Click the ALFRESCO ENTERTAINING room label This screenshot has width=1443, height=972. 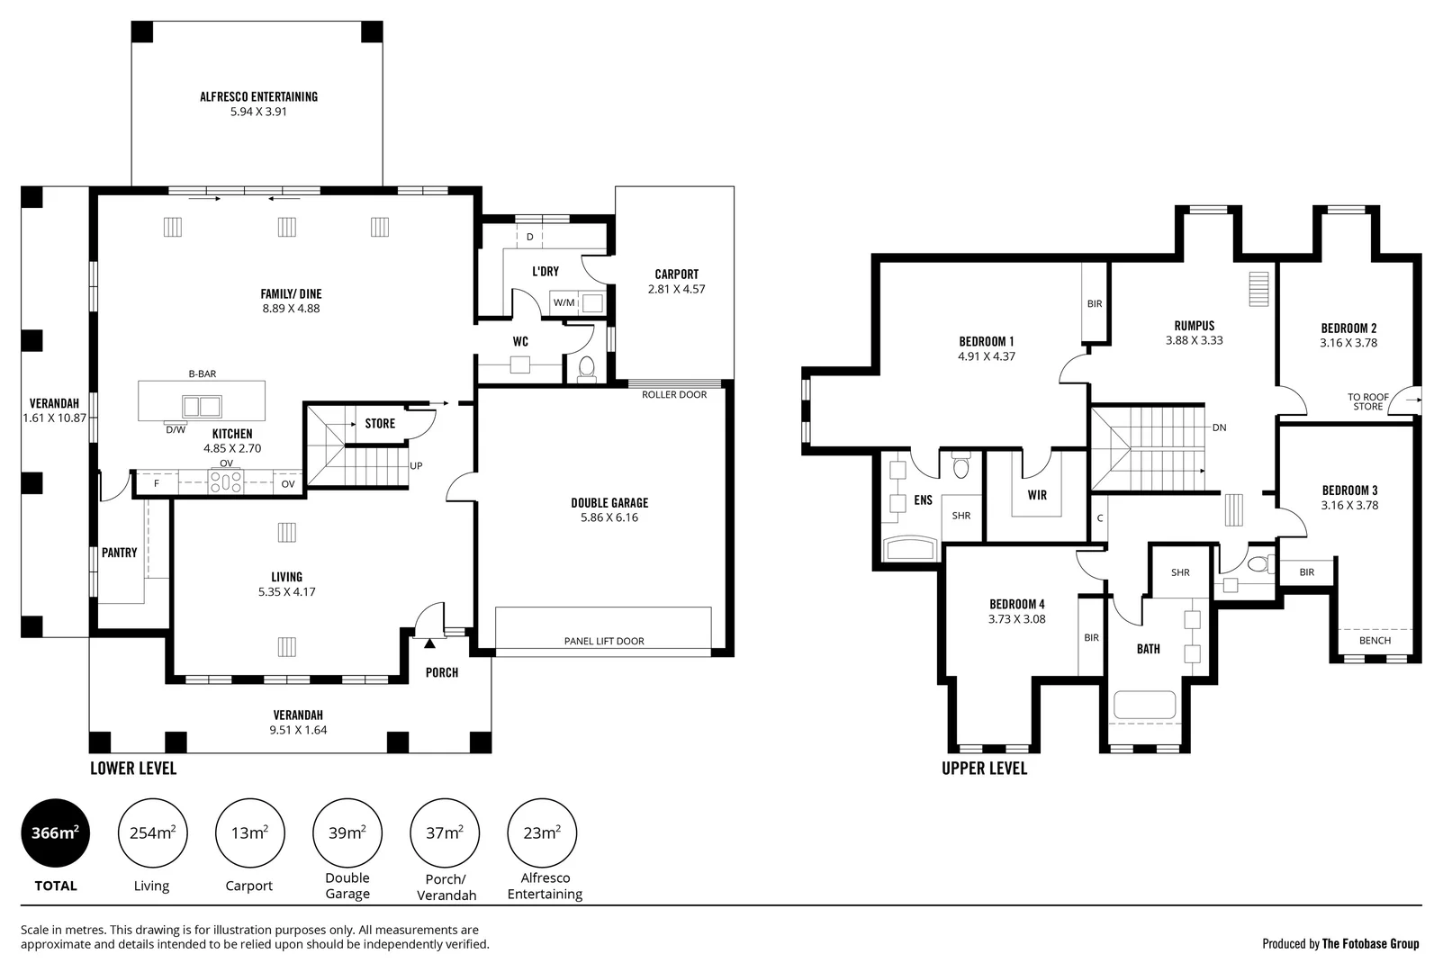pyautogui.click(x=258, y=96)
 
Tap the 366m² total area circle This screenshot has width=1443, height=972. pyautogui.click(x=56, y=832)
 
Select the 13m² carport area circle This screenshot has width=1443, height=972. pyautogui.click(x=250, y=832)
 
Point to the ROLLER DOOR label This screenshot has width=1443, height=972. pyautogui.click(x=674, y=394)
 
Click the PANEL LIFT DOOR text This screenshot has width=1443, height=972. pyautogui.click(x=604, y=641)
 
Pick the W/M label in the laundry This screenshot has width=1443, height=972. pyautogui.click(x=564, y=302)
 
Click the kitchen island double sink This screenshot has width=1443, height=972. pyautogui.click(x=203, y=407)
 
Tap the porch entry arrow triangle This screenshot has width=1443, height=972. pyautogui.click(x=429, y=643)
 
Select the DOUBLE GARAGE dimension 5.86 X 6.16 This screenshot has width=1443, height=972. pyautogui.click(x=609, y=517)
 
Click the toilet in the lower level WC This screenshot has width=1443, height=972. pyautogui.click(x=586, y=368)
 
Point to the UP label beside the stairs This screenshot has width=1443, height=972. pyautogui.click(x=416, y=465)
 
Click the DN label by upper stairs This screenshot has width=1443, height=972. pyautogui.click(x=1220, y=427)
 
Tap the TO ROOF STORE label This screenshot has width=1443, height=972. pyautogui.click(x=1367, y=402)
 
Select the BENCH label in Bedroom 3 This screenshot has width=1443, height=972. pyautogui.click(x=1375, y=640)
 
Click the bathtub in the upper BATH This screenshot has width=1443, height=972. pyautogui.click(x=1145, y=705)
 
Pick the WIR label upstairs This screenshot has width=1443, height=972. pyautogui.click(x=1037, y=495)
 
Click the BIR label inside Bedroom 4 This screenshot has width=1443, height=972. pyautogui.click(x=1091, y=638)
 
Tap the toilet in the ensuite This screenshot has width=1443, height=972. pyautogui.click(x=961, y=465)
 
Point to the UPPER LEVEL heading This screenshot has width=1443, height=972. pyautogui.click(x=984, y=768)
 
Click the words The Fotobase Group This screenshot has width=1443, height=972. pyautogui.click(x=1371, y=944)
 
